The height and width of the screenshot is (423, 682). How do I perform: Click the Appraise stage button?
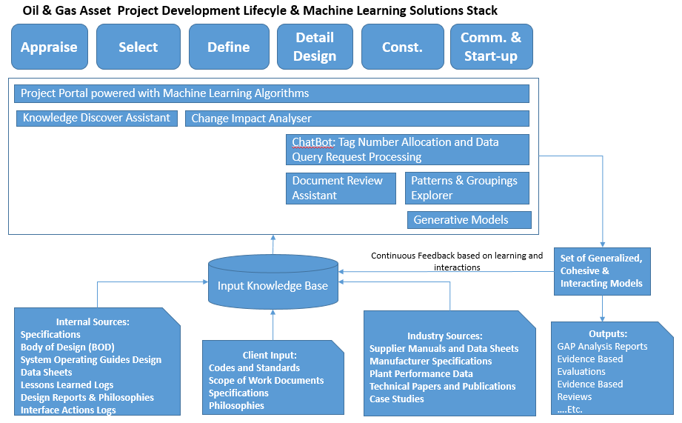[49, 47]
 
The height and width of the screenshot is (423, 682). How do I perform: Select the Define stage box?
[228, 47]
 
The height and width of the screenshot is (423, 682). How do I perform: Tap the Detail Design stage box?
[315, 47]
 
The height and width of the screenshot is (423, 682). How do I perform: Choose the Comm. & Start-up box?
[490, 47]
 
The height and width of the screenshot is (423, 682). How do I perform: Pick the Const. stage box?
[402, 47]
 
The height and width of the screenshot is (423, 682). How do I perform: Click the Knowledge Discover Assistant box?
[97, 118]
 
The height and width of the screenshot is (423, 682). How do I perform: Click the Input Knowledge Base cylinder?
[273, 284]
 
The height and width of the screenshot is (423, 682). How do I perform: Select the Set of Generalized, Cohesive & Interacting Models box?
[602, 271]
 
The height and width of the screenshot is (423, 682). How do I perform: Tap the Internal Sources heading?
[93, 322]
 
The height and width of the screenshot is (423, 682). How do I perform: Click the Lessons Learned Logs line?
[67, 384]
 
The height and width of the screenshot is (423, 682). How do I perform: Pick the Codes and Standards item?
[254, 367]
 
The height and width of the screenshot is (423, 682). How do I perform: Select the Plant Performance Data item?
[421, 373]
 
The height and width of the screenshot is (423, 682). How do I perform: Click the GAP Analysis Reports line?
[602, 346]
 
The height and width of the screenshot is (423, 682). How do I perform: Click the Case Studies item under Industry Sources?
[397, 399]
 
